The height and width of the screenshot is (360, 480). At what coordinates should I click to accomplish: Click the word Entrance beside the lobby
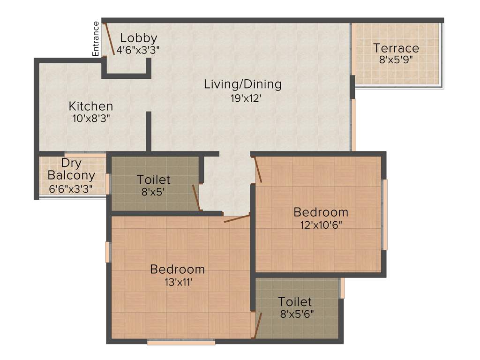pyautogui.click(x=96, y=39)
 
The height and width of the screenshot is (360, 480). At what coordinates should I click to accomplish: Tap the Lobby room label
pyautogui.click(x=138, y=38)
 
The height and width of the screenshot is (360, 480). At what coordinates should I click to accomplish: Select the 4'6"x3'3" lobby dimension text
pyautogui.click(x=138, y=50)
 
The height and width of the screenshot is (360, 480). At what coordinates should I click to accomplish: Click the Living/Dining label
pyautogui.click(x=243, y=84)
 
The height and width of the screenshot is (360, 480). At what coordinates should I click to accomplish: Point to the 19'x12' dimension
pyautogui.click(x=243, y=98)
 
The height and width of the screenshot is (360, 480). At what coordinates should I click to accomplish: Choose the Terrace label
pyautogui.click(x=396, y=48)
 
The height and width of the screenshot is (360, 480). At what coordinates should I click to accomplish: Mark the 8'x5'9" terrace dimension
pyautogui.click(x=396, y=60)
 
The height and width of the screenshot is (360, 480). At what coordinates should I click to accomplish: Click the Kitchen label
pyautogui.click(x=91, y=106)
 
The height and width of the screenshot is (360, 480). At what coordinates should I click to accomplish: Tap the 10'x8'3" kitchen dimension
pyautogui.click(x=91, y=118)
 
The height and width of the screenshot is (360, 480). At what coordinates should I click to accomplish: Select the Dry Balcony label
pyautogui.click(x=71, y=170)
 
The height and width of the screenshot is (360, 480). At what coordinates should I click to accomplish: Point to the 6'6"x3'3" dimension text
pyautogui.click(x=71, y=188)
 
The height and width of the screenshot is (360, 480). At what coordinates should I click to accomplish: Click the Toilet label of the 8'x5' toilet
pyautogui.click(x=154, y=180)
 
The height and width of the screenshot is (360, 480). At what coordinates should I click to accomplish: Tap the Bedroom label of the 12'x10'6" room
pyautogui.click(x=321, y=212)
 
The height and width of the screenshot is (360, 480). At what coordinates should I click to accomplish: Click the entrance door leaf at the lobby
pyautogui.click(x=108, y=39)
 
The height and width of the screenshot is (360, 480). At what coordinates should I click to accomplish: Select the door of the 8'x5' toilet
pyautogui.click(x=196, y=197)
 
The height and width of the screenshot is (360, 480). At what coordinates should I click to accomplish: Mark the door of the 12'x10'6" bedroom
pyautogui.click(x=258, y=170)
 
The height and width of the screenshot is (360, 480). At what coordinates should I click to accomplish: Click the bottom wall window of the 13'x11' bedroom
pyautogui.click(x=181, y=343)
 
